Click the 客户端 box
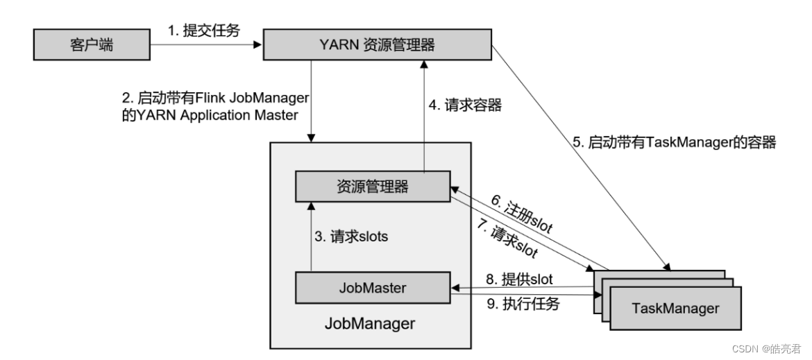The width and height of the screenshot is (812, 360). [x=92, y=45]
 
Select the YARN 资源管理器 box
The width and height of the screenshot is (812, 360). [x=377, y=44]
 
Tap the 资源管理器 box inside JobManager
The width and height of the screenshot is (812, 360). [x=372, y=186]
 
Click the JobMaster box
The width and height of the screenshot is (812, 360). [x=372, y=288]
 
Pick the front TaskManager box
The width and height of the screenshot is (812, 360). [x=675, y=308]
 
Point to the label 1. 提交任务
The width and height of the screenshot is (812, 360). [x=203, y=31]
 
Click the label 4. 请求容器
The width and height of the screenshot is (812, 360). [x=466, y=105]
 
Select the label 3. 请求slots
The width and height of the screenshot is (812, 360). [x=351, y=237]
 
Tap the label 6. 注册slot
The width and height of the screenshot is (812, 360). [x=521, y=216]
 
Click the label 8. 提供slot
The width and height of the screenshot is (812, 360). [x=519, y=280]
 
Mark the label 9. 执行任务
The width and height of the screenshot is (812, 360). [x=523, y=304]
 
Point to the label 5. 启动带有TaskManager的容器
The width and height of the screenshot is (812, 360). [x=675, y=142]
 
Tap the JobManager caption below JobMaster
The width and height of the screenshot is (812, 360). [x=370, y=324]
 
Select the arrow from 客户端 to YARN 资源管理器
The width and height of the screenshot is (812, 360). [x=206, y=44]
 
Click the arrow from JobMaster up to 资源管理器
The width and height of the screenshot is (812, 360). [x=311, y=237]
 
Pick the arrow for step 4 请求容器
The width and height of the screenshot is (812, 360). [x=424, y=115]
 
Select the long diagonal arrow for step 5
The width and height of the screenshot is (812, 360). [x=580, y=157]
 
